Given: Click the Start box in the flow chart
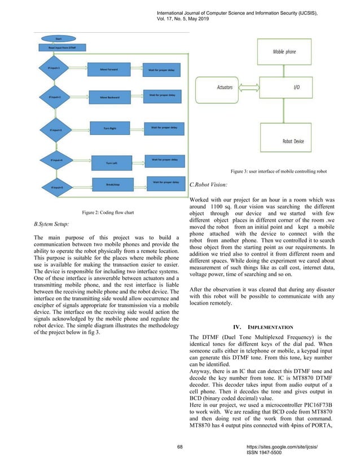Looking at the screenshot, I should [58, 39].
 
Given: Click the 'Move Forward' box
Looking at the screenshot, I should [111, 69].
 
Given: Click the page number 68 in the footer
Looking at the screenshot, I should [180, 447].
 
